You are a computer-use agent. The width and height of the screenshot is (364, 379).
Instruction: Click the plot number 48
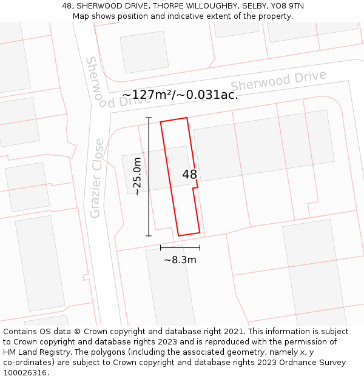189,175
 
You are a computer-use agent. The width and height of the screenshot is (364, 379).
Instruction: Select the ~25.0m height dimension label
138,176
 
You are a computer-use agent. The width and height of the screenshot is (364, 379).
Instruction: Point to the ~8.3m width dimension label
180,260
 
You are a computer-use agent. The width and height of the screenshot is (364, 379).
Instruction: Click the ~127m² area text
147,95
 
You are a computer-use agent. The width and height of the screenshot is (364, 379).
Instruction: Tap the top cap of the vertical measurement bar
149,118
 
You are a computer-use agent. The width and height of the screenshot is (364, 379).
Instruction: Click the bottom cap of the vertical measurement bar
149,235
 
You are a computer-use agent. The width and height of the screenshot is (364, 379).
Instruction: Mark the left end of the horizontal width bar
161,247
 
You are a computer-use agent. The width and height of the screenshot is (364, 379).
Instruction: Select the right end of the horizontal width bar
200,247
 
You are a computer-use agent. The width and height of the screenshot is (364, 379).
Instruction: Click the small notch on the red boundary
195,189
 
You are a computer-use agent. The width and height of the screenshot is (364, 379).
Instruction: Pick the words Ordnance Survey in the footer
315,363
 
